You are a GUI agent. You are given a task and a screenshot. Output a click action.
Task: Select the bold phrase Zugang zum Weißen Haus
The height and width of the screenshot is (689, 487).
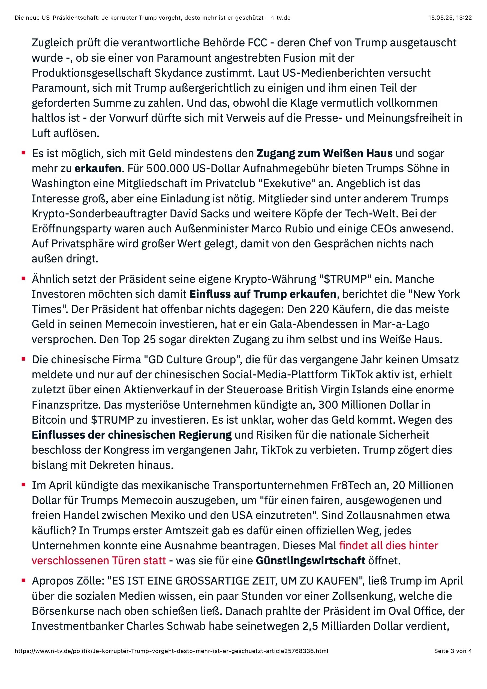click(x=324, y=153)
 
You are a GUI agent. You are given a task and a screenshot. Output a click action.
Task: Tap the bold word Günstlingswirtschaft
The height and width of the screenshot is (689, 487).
click(x=310, y=560)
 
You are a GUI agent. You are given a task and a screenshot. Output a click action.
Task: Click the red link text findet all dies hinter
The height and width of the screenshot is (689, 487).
click(x=389, y=545)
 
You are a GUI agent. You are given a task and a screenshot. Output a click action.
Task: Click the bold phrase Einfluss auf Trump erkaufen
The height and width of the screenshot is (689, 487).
click(x=263, y=294)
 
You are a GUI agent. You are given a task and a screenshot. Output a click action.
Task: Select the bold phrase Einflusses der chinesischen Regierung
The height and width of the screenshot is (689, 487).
click(x=132, y=435)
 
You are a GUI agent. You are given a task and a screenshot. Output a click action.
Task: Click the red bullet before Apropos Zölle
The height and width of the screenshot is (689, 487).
click(x=23, y=581)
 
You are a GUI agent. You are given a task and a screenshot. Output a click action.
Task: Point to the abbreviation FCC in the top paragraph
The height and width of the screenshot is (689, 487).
click(x=257, y=43)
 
